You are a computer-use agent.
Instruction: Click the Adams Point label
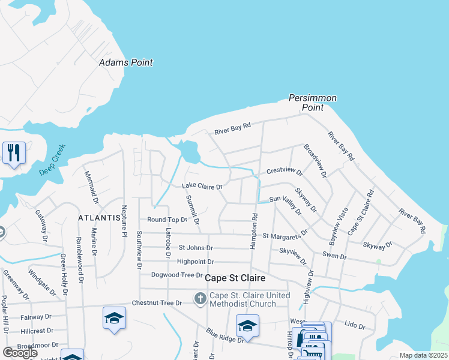tap(125, 62)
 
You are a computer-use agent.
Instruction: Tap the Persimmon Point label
tap(312, 103)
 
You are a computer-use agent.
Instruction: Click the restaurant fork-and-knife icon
tap(14, 152)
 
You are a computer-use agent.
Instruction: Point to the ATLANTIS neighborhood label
tap(100, 218)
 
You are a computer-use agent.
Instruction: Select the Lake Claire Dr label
tap(202, 187)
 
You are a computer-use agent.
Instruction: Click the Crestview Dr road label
tap(285, 170)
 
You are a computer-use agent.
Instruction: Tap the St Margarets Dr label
tap(285, 235)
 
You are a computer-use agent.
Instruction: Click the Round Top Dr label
tap(167, 220)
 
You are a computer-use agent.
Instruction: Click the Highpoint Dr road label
tap(195, 262)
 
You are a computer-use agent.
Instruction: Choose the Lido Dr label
tap(355, 325)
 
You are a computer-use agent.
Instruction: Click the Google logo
tap(20, 352)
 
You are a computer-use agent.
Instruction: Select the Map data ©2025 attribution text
tap(423, 355)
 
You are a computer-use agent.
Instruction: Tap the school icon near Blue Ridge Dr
tap(247, 326)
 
